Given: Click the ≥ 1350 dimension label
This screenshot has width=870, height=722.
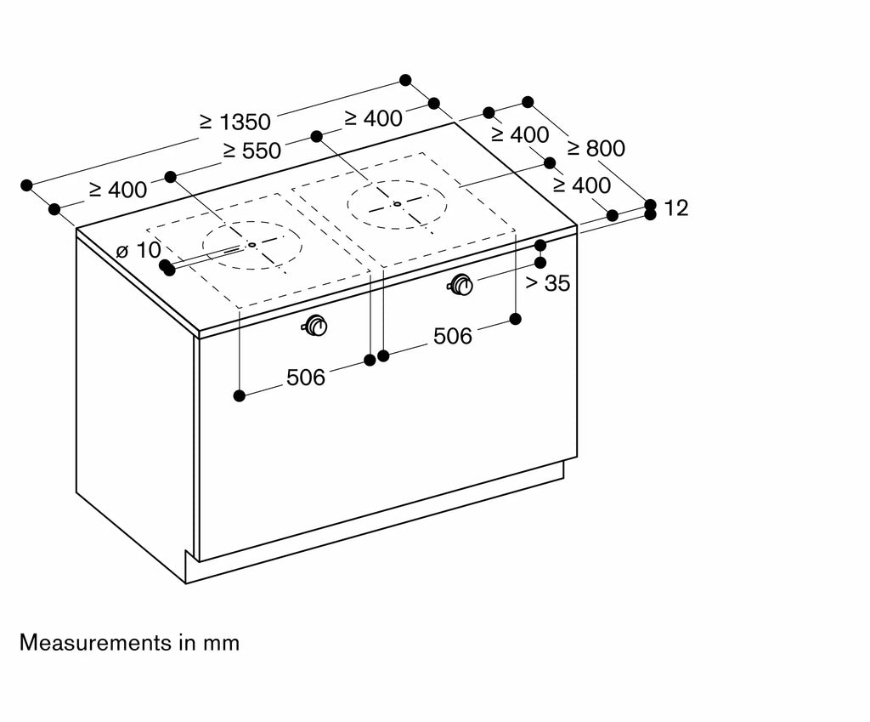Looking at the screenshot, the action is pyautogui.click(x=235, y=122).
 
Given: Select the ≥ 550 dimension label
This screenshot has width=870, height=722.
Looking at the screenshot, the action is pyautogui.click(x=252, y=151).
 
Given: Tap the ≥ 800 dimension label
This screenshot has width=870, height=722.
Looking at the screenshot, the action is pyautogui.click(x=596, y=148).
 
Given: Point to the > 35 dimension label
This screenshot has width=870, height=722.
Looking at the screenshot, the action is pyautogui.click(x=548, y=283).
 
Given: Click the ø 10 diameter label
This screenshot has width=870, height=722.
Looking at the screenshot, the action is pyautogui.click(x=138, y=251).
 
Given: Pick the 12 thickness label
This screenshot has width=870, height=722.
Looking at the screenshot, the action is pyautogui.click(x=675, y=208).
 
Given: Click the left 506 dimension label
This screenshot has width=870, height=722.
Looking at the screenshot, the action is pyautogui.click(x=306, y=378).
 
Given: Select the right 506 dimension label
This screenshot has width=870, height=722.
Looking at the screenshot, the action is pyautogui.click(x=453, y=336).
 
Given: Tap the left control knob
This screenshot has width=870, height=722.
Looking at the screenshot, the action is pyautogui.click(x=316, y=326).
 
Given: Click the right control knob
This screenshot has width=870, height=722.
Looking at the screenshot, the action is pyautogui.click(x=460, y=285).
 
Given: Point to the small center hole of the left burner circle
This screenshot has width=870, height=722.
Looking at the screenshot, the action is pyautogui.click(x=251, y=244).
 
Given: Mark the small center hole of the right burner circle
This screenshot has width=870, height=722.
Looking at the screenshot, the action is pyautogui.click(x=397, y=204).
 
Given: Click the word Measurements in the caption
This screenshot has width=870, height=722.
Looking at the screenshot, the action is pyautogui.click(x=96, y=643).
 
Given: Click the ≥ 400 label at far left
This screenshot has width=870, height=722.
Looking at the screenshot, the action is pyautogui.click(x=118, y=190).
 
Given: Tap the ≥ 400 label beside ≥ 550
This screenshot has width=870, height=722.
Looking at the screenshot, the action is pyautogui.click(x=374, y=118).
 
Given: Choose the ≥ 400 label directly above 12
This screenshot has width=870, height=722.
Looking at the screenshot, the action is pyautogui.click(x=582, y=185).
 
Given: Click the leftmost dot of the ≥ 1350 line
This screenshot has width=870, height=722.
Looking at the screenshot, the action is pyautogui.click(x=26, y=185).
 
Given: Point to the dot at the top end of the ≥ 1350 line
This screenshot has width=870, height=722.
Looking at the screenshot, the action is pyautogui.click(x=405, y=80).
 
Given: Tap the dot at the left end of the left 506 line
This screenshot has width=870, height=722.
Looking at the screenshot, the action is pyautogui.click(x=240, y=395).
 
